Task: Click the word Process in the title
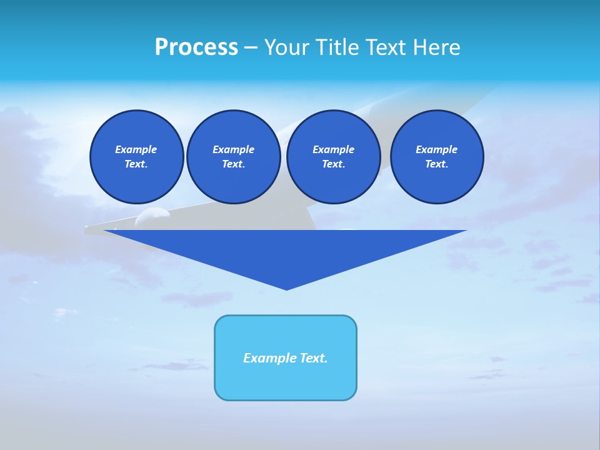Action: click(196, 47)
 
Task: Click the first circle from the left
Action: click(137, 157)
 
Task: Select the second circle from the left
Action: click(234, 157)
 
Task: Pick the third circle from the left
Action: click(334, 157)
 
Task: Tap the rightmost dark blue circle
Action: click(437, 157)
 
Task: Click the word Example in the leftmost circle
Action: click(136, 149)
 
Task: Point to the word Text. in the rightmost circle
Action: click(437, 164)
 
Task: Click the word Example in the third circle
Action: click(334, 149)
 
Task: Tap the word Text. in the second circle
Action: click(234, 164)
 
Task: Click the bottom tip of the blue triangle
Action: click(286, 289)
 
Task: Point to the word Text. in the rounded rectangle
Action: click(314, 358)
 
